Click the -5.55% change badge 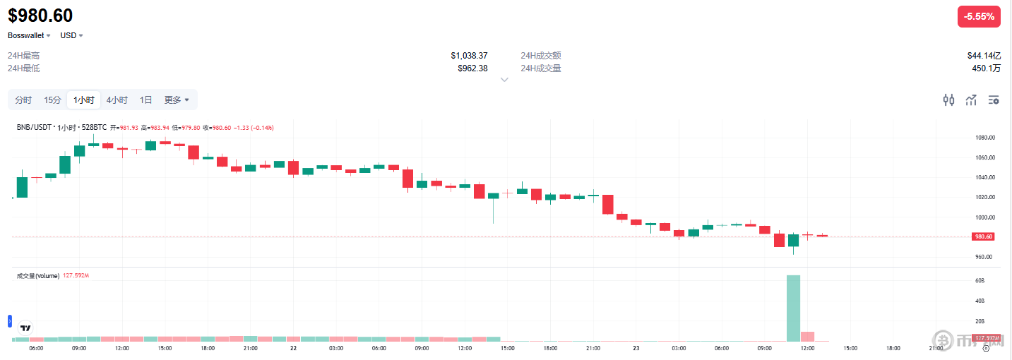(x=979, y=16)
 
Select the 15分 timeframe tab (x=52, y=100)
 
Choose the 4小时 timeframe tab (x=117, y=100)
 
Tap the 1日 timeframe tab (x=145, y=100)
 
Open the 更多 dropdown (x=177, y=100)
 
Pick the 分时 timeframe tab (x=23, y=100)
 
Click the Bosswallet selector (x=29, y=35)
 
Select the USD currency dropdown (x=71, y=35)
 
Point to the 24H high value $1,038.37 (x=469, y=55)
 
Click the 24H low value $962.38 (x=472, y=68)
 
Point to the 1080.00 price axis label (x=985, y=138)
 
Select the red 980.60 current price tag (x=984, y=236)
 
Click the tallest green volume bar (x=793, y=308)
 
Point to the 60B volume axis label (x=980, y=281)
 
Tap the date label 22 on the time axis (x=293, y=348)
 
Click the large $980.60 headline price (x=40, y=16)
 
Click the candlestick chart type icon (x=949, y=100)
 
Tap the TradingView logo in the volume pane (x=25, y=328)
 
